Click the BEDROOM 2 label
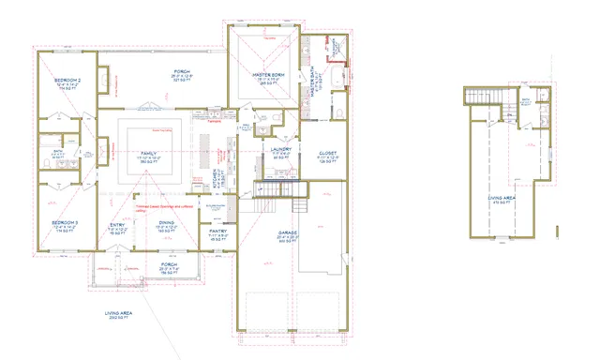(67, 82)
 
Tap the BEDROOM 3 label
(65, 225)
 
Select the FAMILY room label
(148, 154)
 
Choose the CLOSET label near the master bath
(326, 153)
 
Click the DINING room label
(166, 225)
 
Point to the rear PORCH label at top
(182, 73)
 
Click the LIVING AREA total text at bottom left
(122, 316)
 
